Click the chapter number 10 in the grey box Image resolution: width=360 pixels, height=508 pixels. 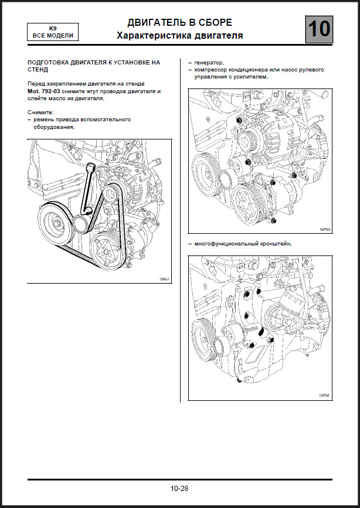tap(318, 29)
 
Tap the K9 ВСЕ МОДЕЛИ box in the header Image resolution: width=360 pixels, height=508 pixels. tap(53, 32)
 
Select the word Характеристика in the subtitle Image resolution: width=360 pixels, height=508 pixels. tap(147, 36)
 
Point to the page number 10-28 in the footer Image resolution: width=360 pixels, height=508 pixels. tap(179, 488)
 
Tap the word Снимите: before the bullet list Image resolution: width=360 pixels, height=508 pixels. tap(40, 111)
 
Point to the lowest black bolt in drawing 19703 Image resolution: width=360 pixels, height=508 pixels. tap(274, 221)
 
